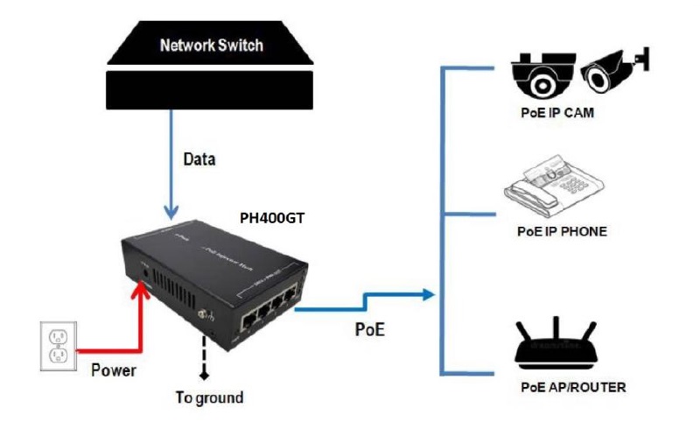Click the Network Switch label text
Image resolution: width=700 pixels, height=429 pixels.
212,46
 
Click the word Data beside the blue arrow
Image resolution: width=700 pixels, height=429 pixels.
199,160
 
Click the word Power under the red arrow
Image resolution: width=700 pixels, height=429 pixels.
114,370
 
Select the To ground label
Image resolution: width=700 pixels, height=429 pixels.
209,398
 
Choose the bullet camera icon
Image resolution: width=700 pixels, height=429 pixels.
618,71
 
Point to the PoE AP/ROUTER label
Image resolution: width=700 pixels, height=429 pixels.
570,386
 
